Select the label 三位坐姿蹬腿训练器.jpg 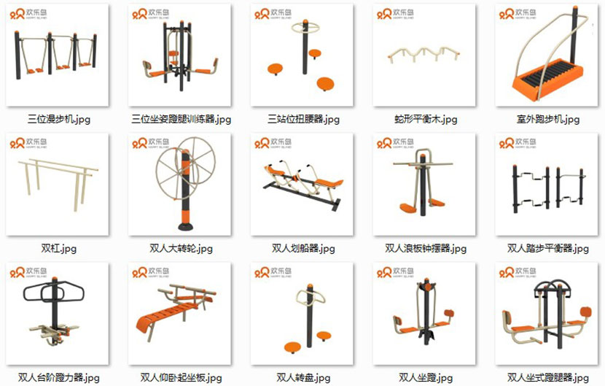[181, 119]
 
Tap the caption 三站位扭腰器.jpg [304, 119]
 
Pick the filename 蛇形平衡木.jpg [426, 119]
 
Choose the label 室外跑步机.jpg [547, 119]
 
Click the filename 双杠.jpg [59, 249]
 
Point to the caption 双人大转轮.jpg [181, 249]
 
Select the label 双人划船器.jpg [304, 249]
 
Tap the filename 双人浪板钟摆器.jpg [426, 249]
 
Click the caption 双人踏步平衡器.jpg [547, 249]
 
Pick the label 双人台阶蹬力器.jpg [59, 378]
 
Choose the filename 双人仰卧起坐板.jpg [181, 378]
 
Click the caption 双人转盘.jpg [304, 378]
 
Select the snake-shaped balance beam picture [425, 55]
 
